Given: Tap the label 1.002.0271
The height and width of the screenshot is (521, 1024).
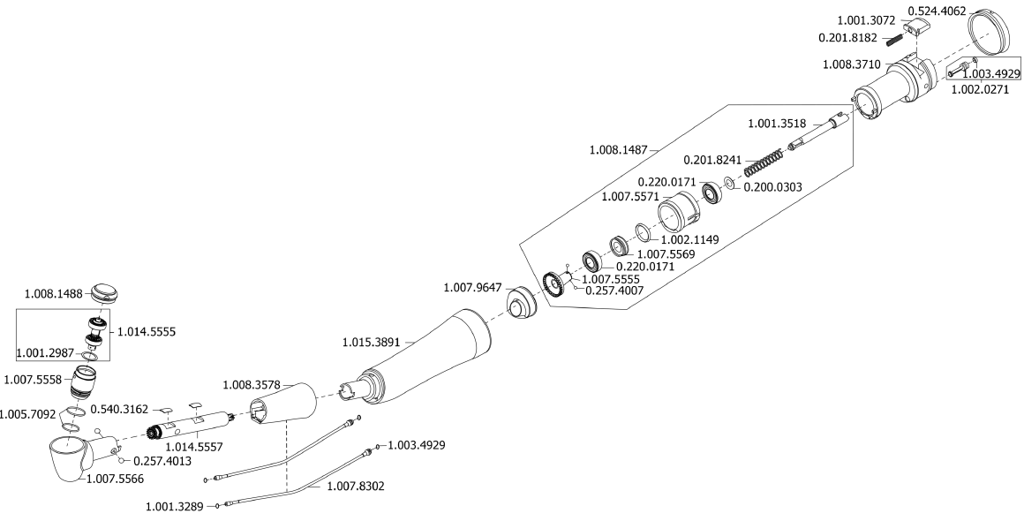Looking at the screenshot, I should click(979, 89).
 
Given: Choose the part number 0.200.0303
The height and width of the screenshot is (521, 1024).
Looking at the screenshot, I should click(773, 186).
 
